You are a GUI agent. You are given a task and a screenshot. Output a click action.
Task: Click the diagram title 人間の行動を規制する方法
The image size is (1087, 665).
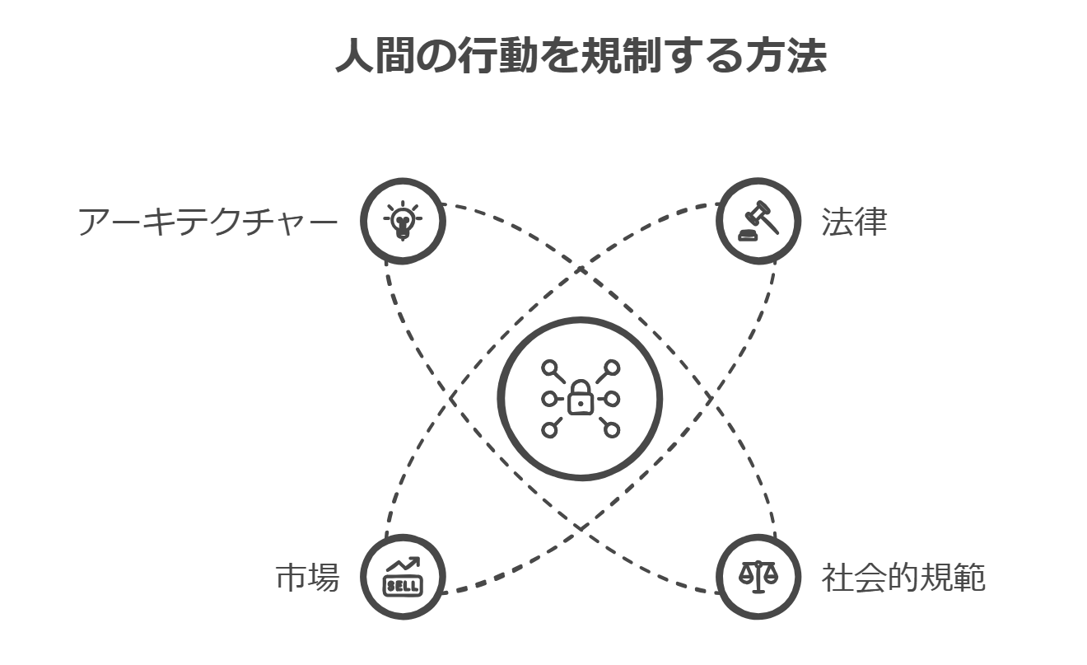point(581,56)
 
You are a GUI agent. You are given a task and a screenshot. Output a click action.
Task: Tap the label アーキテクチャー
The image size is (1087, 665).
point(208,222)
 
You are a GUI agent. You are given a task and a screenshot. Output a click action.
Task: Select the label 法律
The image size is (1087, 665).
point(853,222)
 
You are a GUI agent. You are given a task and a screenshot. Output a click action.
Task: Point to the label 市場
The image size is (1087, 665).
point(306,578)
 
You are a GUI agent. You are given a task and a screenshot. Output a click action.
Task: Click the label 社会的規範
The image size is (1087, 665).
point(903,578)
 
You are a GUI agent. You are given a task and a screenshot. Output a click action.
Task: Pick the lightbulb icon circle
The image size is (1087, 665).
point(403,222)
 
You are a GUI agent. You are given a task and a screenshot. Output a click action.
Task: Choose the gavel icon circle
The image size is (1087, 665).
point(758,222)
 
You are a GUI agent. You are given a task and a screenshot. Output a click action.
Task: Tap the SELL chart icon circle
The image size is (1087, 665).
point(403,577)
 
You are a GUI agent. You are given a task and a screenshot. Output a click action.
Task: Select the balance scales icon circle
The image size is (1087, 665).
point(758,577)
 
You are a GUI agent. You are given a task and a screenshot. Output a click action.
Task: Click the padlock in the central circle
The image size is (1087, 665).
point(581,400)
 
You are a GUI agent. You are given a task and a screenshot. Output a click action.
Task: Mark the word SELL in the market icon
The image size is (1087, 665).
point(403,586)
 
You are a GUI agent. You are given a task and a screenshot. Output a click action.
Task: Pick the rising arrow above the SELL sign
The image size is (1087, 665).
point(404,566)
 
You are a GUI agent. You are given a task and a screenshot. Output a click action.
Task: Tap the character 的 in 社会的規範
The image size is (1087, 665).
point(903,578)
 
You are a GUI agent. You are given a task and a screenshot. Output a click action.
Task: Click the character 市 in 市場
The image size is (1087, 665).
point(291,578)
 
